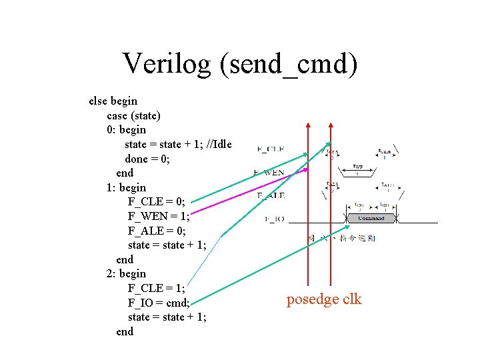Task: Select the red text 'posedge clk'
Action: (x=324, y=299)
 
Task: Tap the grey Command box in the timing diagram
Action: (x=371, y=219)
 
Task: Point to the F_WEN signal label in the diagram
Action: (x=269, y=173)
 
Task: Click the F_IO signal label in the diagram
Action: (x=275, y=219)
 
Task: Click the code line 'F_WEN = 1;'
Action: (x=159, y=216)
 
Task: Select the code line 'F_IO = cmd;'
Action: (x=159, y=303)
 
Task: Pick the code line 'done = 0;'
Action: (x=147, y=159)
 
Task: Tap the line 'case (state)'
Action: (x=133, y=115)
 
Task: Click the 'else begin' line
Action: (x=113, y=101)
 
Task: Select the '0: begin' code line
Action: (x=126, y=129)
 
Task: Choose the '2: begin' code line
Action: (x=126, y=273)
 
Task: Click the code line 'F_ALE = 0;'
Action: (x=157, y=231)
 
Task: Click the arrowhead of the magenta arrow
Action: (x=307, y=170)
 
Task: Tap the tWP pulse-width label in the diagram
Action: (x=357, y=167)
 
